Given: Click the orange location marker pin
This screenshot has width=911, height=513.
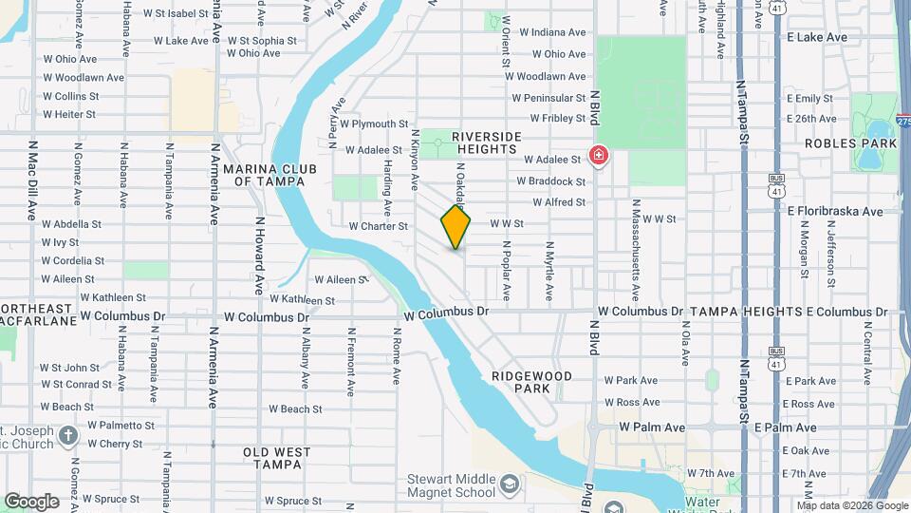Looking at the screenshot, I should (455, 226).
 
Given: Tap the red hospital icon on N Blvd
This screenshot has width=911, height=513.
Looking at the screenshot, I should (598, 155).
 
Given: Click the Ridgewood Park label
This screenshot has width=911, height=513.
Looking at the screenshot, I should (532, 383).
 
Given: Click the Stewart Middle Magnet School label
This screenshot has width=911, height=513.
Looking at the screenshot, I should (450, 486).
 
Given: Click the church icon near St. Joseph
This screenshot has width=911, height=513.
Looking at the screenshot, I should (66, 435).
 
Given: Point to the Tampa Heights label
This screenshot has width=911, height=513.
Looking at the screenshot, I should (746, 312).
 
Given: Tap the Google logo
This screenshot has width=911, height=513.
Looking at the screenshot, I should (31, 501).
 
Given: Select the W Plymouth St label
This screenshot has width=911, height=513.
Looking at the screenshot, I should (374, 124).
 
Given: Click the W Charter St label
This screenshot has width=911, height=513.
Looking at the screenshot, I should (378, 227).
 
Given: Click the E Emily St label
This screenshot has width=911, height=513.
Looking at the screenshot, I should (809, 99).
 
